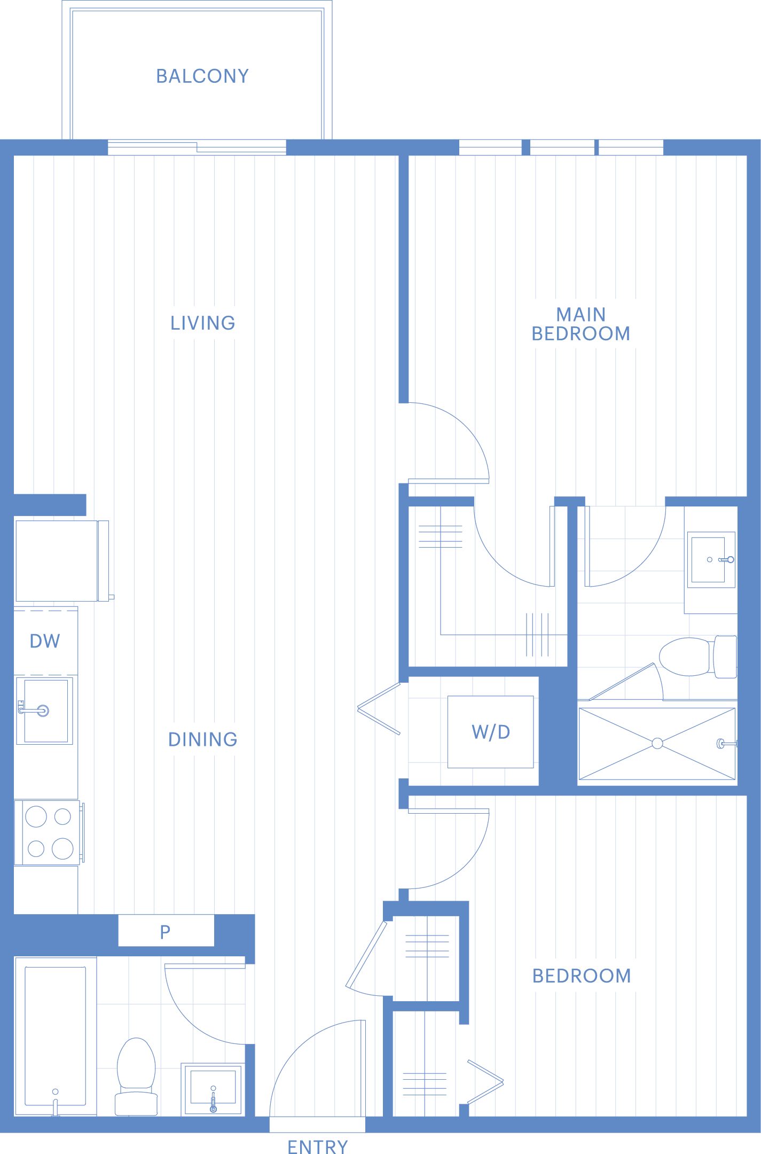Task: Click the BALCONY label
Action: coord(202,76)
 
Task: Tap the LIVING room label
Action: coord(203,323)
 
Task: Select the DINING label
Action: coord(203,739)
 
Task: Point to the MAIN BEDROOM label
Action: coord(581,324)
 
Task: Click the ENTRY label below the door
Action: coord(318,1147)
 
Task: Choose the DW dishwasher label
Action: coord(45,641)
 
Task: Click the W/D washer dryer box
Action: coord(491,732)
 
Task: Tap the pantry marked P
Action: coord(166,932)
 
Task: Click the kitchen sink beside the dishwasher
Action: coord(45,711)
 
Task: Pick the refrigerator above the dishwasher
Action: coord(62,560)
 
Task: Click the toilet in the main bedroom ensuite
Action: coord(698,657)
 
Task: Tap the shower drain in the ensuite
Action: coord(657,743)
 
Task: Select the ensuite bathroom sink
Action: coord(711,560)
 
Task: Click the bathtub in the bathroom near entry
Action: coord(56,1036)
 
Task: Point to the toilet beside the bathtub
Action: coord(136,1076)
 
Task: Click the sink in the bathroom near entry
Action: coord(213,1089)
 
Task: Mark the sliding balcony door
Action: coord(197,147)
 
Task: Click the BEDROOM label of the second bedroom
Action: coord(582,976)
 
